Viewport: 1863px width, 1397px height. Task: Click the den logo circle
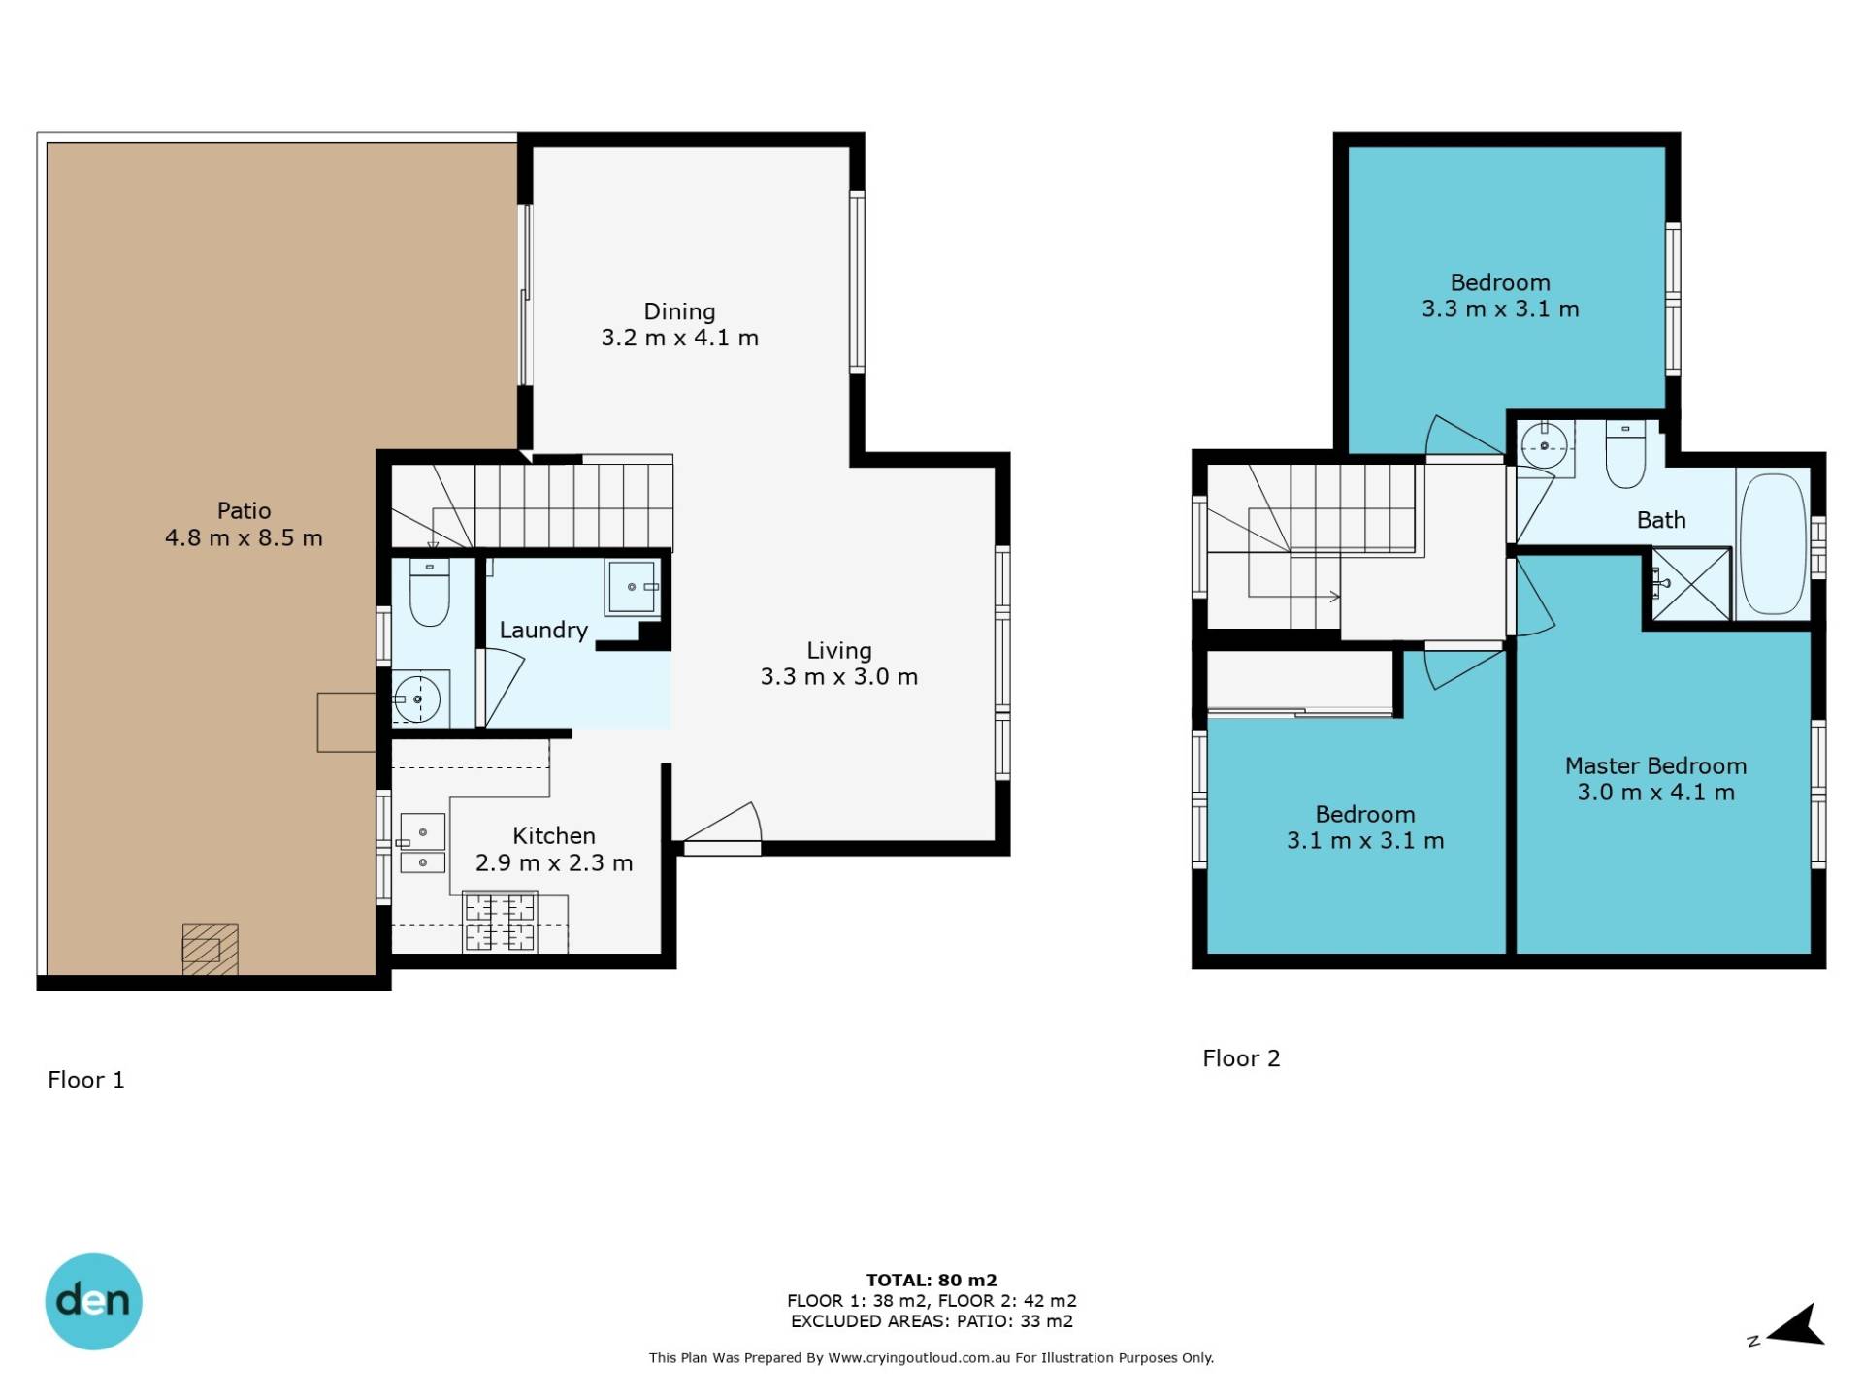pos(93,1301)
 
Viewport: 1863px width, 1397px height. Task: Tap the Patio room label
pos(244,510)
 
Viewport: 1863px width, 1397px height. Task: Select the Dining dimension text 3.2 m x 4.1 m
pos(679,338)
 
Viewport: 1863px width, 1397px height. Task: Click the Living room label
pos(839,650)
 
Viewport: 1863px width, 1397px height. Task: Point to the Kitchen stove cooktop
pos(500,922)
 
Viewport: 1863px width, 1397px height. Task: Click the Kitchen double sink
pos(422,843)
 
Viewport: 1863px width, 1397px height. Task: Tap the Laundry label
pos(543,630)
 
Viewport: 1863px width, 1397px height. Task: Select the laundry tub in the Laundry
pos(632,587)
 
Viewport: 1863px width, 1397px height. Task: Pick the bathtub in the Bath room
pos(1773,543)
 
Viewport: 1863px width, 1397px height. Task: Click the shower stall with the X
pos(1691,583)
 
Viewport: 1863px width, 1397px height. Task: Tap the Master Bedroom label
pos(1655,765)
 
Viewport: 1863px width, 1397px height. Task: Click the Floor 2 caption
pos(1241,1058)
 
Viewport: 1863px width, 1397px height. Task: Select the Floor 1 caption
pos(86,1080)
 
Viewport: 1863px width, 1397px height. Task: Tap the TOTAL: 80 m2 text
pos(931,1280)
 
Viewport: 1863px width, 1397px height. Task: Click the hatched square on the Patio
pos(210,949)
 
